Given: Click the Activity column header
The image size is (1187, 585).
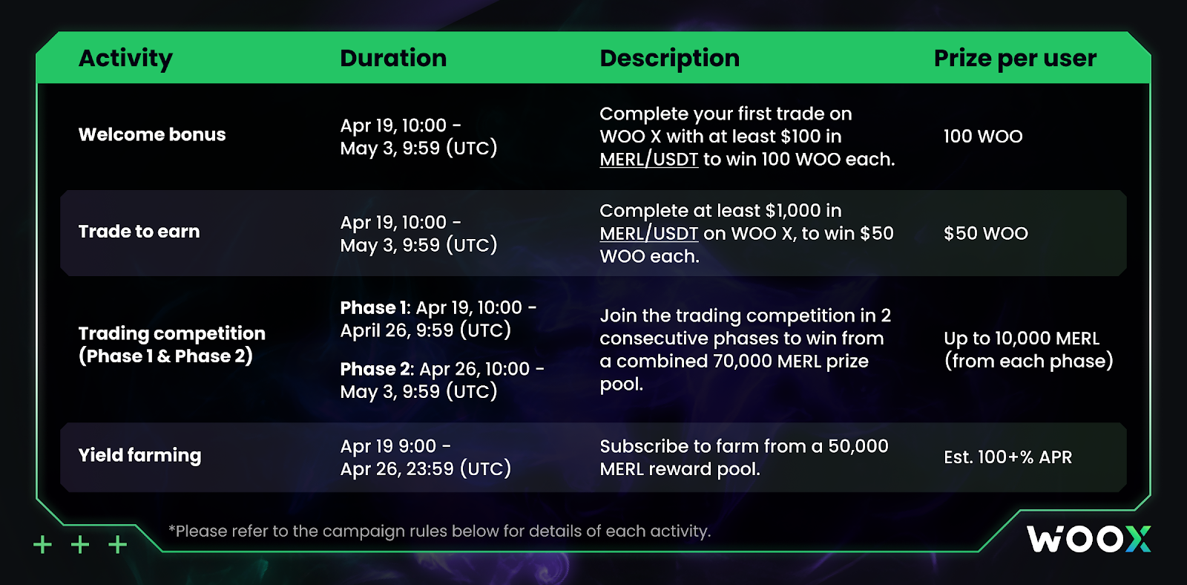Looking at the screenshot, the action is (125, 59).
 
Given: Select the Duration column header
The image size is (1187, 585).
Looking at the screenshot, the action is (393, 58).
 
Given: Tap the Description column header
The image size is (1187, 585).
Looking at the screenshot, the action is (669, 59).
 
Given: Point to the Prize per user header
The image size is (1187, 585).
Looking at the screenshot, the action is (1015, 59).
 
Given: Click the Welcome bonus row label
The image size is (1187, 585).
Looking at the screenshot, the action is (152, 134).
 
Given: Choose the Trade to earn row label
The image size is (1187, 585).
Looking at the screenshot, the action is (139, 232).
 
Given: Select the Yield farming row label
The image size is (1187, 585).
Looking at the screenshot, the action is (140, 456).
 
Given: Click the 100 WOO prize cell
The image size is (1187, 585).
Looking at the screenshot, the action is (983, 137).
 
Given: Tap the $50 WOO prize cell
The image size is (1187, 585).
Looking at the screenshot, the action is (986, 233).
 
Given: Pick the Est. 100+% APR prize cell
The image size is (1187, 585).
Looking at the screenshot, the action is (1007, 457).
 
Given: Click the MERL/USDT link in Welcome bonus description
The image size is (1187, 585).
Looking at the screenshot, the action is (648, 159).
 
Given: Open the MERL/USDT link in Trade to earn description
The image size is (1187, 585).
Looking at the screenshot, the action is (648, 233).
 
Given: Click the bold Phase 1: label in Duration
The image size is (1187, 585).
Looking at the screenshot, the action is (375, 307).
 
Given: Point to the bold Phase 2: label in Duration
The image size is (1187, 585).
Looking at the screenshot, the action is (377, 369).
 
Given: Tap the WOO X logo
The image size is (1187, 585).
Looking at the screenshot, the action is (1088, 540).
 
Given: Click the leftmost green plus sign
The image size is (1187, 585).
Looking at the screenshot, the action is (42, 545).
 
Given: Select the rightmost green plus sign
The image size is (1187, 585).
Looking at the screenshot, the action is (118, 545).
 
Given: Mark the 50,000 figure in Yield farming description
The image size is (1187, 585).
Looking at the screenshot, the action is (858, 447).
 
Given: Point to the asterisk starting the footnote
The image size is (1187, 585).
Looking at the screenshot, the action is (171, 527).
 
